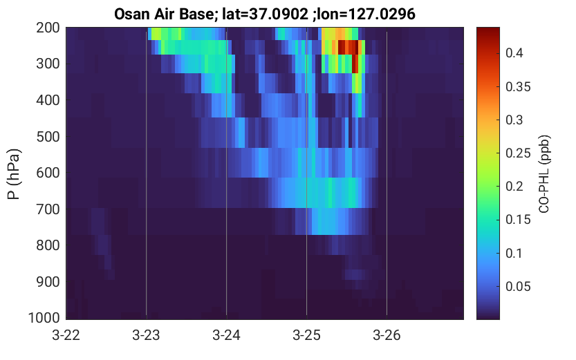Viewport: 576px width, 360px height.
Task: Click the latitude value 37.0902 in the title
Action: click(279, 15)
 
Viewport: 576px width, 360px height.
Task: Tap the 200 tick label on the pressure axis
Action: click(48, 28)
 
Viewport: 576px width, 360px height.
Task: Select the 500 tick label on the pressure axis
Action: click(48, 137)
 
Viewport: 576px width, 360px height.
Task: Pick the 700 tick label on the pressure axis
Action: click(48, 209)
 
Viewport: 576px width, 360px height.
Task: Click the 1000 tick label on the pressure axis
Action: click(44, 318)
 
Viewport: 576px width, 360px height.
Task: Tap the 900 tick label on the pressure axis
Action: click(48, 282)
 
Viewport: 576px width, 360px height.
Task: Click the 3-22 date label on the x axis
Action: click(66, 335)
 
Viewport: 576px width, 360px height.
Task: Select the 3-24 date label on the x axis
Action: click(226, 335)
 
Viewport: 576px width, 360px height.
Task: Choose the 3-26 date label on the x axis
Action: click(387, 335)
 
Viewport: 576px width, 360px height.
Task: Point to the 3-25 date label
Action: click(306, 335)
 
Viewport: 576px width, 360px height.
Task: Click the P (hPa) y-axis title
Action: click(14, 174)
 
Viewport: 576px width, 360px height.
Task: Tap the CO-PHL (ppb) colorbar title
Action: click(544, 174)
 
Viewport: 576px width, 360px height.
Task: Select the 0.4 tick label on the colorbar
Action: click(514, 53)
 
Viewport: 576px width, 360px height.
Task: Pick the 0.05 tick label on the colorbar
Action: click(518, 287)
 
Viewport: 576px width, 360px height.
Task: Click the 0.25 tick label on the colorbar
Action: click(518, 153)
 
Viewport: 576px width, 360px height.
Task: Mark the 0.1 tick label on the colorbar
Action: click(514, 253)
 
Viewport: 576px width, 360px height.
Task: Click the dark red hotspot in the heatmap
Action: click(348, 48)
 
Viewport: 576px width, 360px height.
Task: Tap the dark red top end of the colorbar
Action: click(488, 31)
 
